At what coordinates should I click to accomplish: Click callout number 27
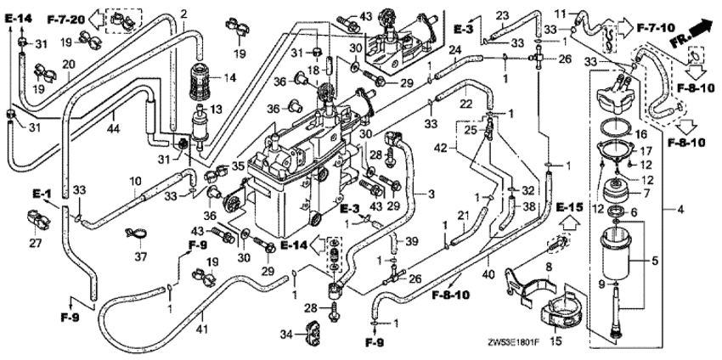(x=35, y=244)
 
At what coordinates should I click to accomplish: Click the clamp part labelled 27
(x=40, y=222)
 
